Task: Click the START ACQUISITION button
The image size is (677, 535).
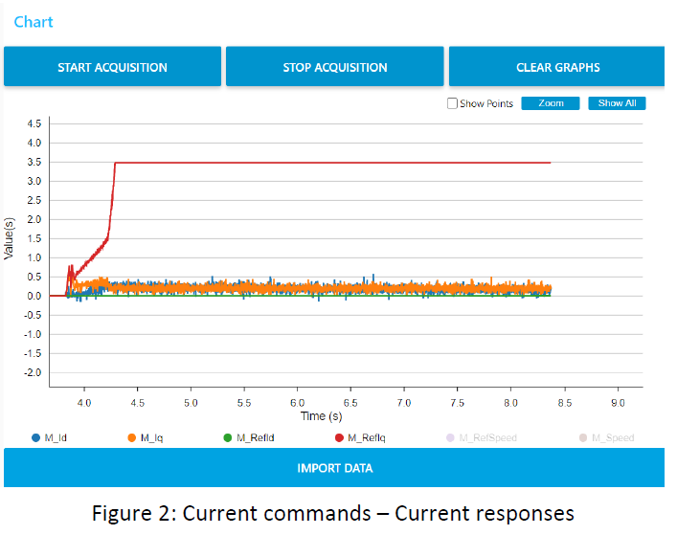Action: [112, 67]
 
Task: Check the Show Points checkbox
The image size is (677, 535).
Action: [452, 103]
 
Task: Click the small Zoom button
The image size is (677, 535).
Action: [551, 103]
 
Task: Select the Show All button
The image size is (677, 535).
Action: [617, 103]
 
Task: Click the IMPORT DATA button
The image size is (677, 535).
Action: [334, 468]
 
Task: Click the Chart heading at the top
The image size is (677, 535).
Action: [34, 21]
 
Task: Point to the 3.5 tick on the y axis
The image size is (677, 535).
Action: [34, 162]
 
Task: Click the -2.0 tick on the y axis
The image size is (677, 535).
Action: [33, 372]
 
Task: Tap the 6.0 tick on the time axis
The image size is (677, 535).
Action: [298, 404]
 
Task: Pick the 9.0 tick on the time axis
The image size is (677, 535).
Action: [618, 404]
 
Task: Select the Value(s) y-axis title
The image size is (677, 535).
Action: [9, 238]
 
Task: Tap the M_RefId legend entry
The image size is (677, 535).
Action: [248, 438]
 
